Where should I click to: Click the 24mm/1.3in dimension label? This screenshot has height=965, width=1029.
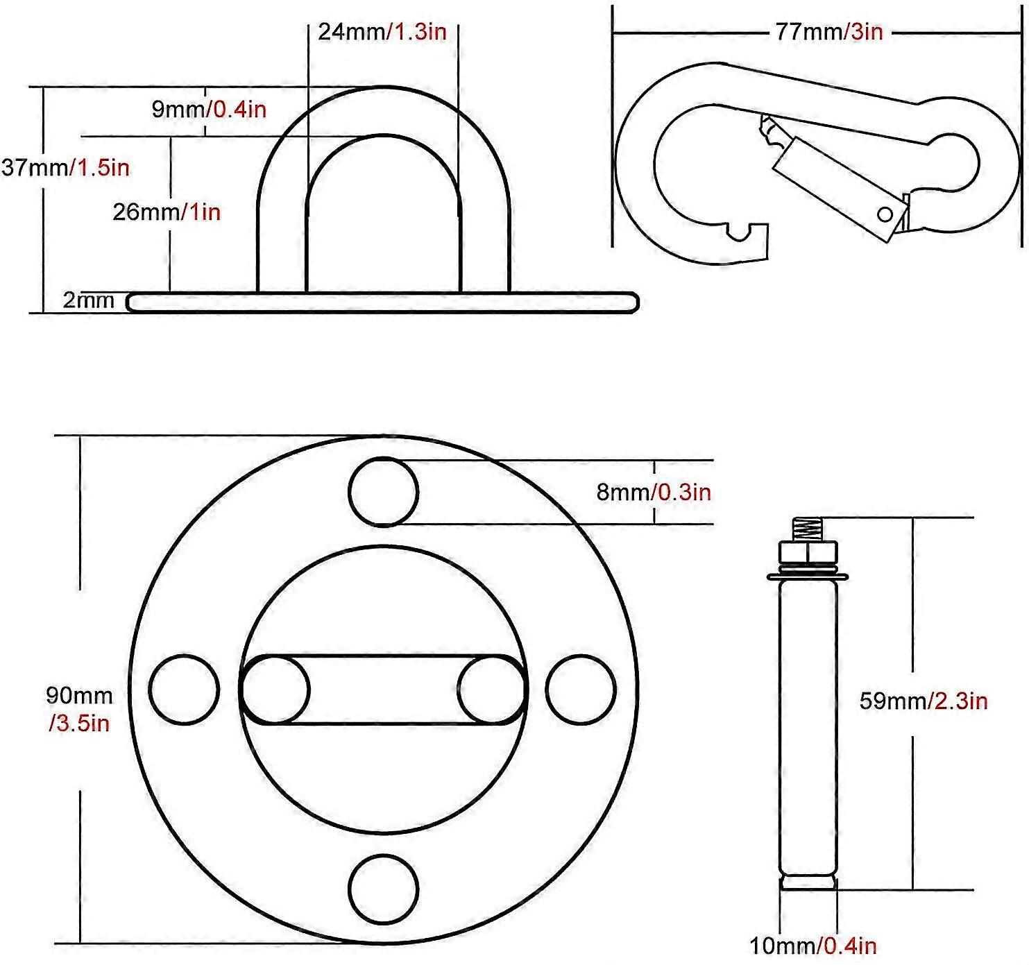(382, 32)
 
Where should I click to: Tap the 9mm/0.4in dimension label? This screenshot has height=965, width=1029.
(209, 109)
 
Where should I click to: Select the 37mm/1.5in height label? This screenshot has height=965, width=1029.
(65, 167)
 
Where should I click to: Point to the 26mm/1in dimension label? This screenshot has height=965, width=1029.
(167, 212)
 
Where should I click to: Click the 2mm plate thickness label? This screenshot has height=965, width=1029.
(88, 300)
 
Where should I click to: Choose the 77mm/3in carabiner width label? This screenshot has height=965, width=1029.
(828, 32)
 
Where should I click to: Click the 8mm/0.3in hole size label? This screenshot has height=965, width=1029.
(654, 492)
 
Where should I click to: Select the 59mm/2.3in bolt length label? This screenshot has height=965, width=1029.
(923, 701)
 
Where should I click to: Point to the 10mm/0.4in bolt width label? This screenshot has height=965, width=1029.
(813, 945)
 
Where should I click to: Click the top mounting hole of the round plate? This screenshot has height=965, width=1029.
(384, 492)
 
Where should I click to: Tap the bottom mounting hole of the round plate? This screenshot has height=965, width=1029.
(384, 889)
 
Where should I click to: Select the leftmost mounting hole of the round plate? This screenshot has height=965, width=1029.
(185, 690)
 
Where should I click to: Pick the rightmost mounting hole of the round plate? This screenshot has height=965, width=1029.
(581, 690)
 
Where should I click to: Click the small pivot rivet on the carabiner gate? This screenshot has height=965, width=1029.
(885, 214)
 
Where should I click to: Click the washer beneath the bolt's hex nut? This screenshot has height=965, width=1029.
(808, 576)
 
